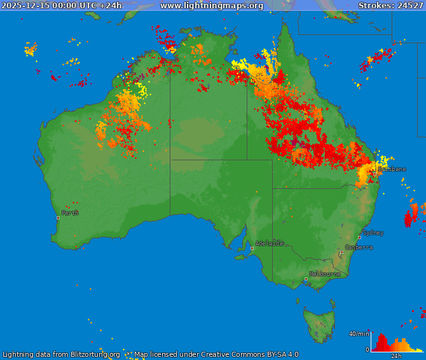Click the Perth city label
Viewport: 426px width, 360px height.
[x=70, y=213]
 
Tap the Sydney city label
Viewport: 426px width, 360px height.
[x=373, y=233]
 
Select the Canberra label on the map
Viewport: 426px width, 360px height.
[x=359, y=247]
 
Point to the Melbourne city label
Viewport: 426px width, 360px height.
[x=324, y=274]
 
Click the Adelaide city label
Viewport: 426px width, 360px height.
[x=270, y=243]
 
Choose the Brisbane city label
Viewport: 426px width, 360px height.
[x=392, y=169]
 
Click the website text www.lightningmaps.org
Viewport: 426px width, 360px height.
[x=211, y=6]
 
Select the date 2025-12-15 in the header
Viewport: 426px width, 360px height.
[x=29, y=6]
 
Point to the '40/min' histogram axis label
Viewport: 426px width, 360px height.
[x=359, y=334]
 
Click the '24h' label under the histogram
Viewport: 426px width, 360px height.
[x=396, y=356]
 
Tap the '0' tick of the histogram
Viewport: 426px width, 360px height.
[x=367, y=349]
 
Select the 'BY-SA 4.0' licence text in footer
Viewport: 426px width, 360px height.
[x=277, y=354]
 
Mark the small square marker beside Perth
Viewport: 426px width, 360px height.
[x=58, y=218]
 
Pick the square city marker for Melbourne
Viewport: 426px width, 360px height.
[x=306, y=279]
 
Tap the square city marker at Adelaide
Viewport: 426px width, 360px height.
[x=252, y=248]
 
